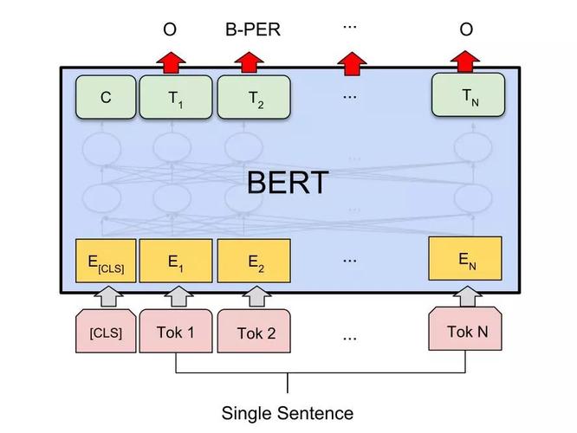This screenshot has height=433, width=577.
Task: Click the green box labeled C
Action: [106, 97]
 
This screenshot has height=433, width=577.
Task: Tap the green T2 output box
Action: [253, 97]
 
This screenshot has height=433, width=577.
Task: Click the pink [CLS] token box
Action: [106, 332]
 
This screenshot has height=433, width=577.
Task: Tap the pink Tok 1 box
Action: [176, 332]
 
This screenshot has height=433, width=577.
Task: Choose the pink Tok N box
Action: [467, 330]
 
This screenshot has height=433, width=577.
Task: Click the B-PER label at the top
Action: [253, 30]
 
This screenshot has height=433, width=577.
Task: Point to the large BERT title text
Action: [288, 183]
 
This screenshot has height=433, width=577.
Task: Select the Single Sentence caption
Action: [288, 413]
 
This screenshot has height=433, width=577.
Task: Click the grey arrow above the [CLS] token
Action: [106, 296]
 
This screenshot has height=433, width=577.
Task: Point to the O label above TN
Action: [466, 30]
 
